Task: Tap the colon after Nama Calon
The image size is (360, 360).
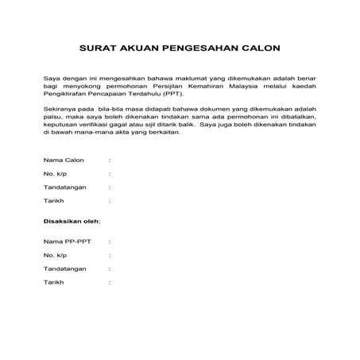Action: pos(109,159)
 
